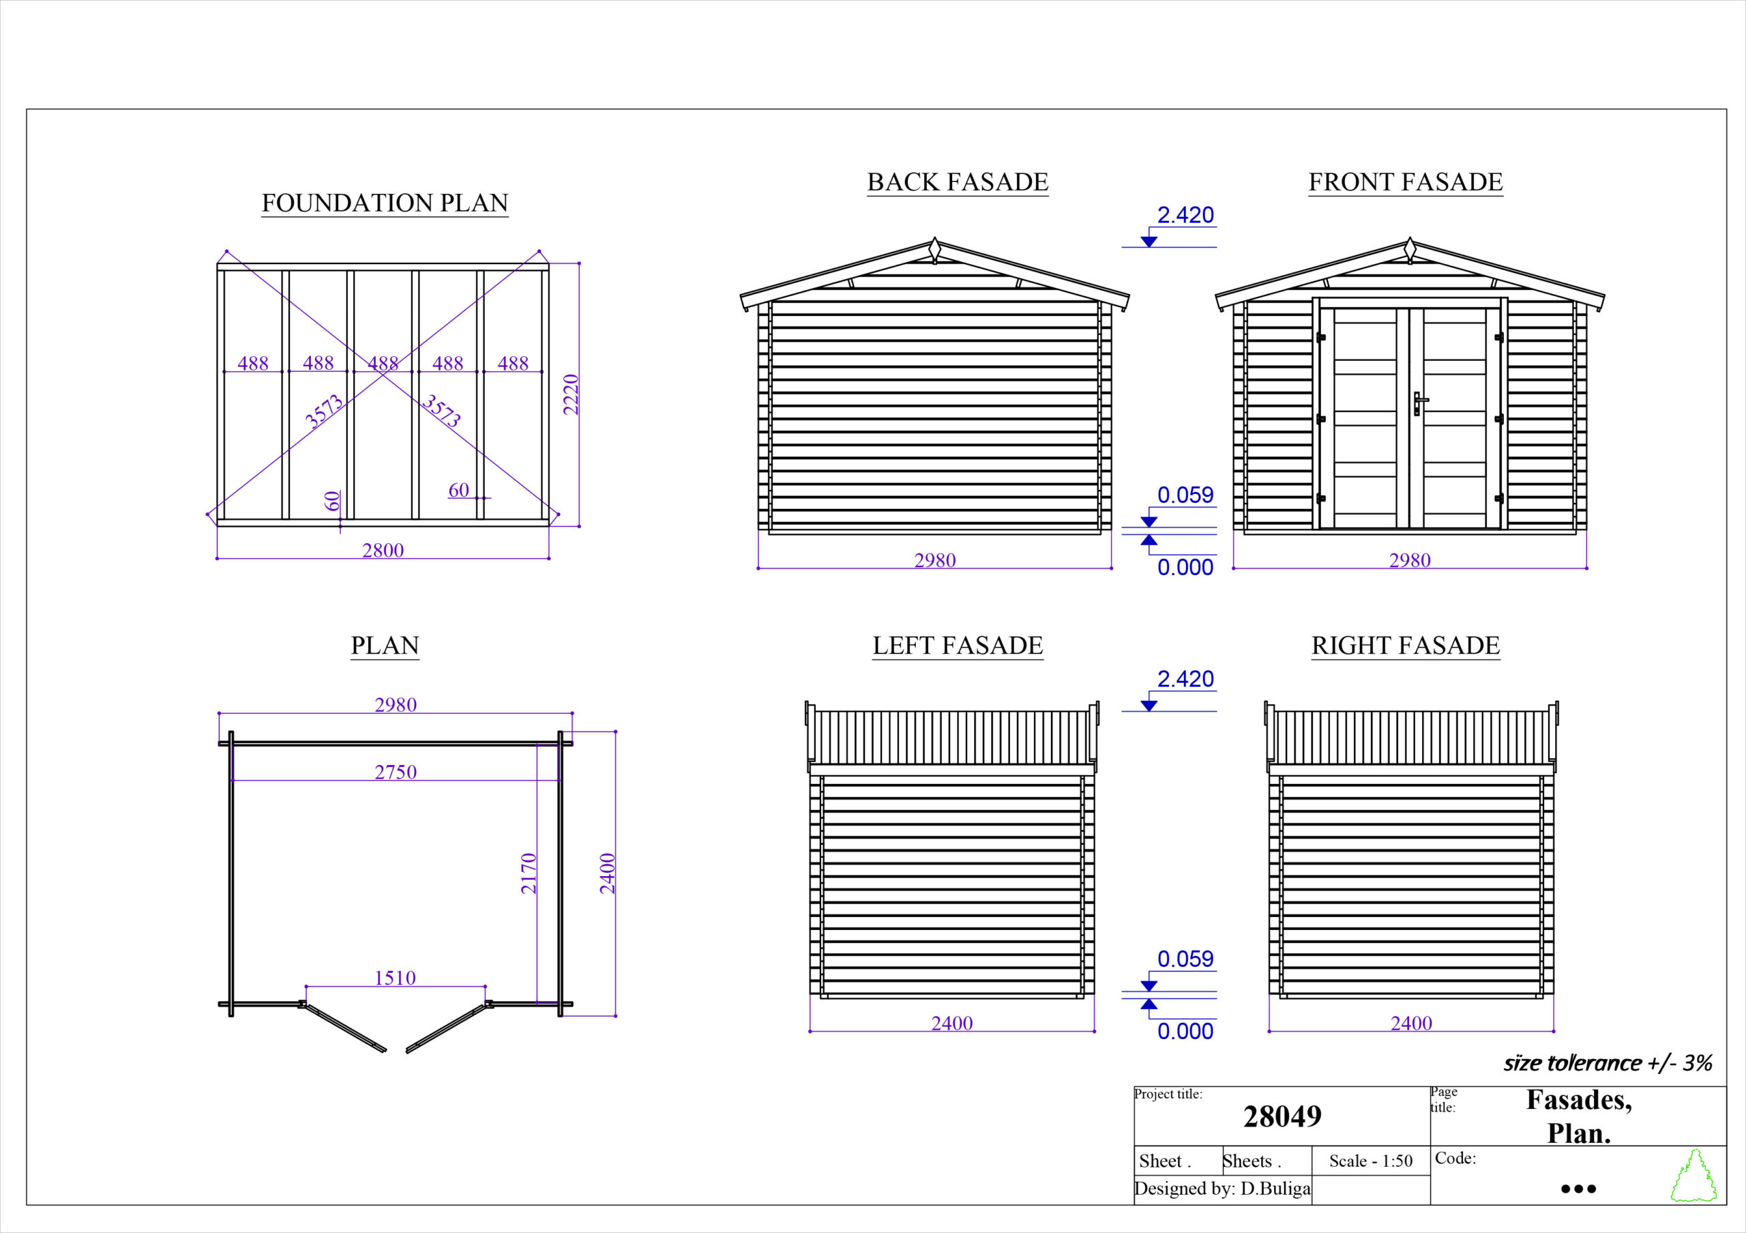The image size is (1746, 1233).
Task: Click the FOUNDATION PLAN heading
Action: coord(385,203)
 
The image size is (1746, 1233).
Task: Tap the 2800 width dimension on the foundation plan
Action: coord(383,550)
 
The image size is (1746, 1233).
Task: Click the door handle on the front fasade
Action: coord(1418,403)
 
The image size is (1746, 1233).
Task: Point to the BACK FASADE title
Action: coord(958,183)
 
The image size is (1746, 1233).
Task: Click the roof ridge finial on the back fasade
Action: coord(935,250)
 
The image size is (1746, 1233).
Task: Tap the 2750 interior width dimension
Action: coord(396,772)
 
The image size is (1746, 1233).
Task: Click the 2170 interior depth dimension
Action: coord(529,873)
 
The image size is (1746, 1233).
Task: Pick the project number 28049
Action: coord(1282,1116)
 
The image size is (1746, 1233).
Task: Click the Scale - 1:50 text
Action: coord(1370,1161)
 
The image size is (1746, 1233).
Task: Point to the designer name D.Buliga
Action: coord(1275,1189)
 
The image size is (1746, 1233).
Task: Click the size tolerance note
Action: coord(1608,1062)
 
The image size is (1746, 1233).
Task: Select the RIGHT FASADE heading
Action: coord(1405,645)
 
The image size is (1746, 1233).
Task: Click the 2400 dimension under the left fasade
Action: coord(952,1023)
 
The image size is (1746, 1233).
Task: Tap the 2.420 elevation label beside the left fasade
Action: coord(1185,678)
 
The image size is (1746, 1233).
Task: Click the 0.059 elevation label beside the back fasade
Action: coord(1185,495)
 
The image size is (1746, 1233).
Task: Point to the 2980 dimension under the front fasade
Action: coord(1410,560)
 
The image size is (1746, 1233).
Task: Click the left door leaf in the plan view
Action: coord(344,1027)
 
